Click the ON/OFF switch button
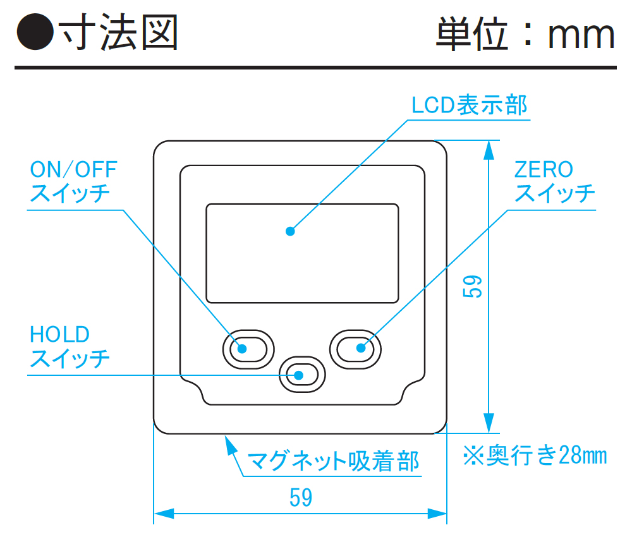[248, 347]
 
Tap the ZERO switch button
[355, 347]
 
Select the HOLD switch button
[301, 375]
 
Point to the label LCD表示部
[469, 105]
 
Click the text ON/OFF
[74, 169]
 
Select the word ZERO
[544, 169]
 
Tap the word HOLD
[60, 334]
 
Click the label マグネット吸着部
[333, 461]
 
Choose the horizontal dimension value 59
[301, 498]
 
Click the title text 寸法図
[118, 33]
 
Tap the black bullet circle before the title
[34, 33]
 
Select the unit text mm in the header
[581, 35]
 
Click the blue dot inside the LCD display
[290, 231]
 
